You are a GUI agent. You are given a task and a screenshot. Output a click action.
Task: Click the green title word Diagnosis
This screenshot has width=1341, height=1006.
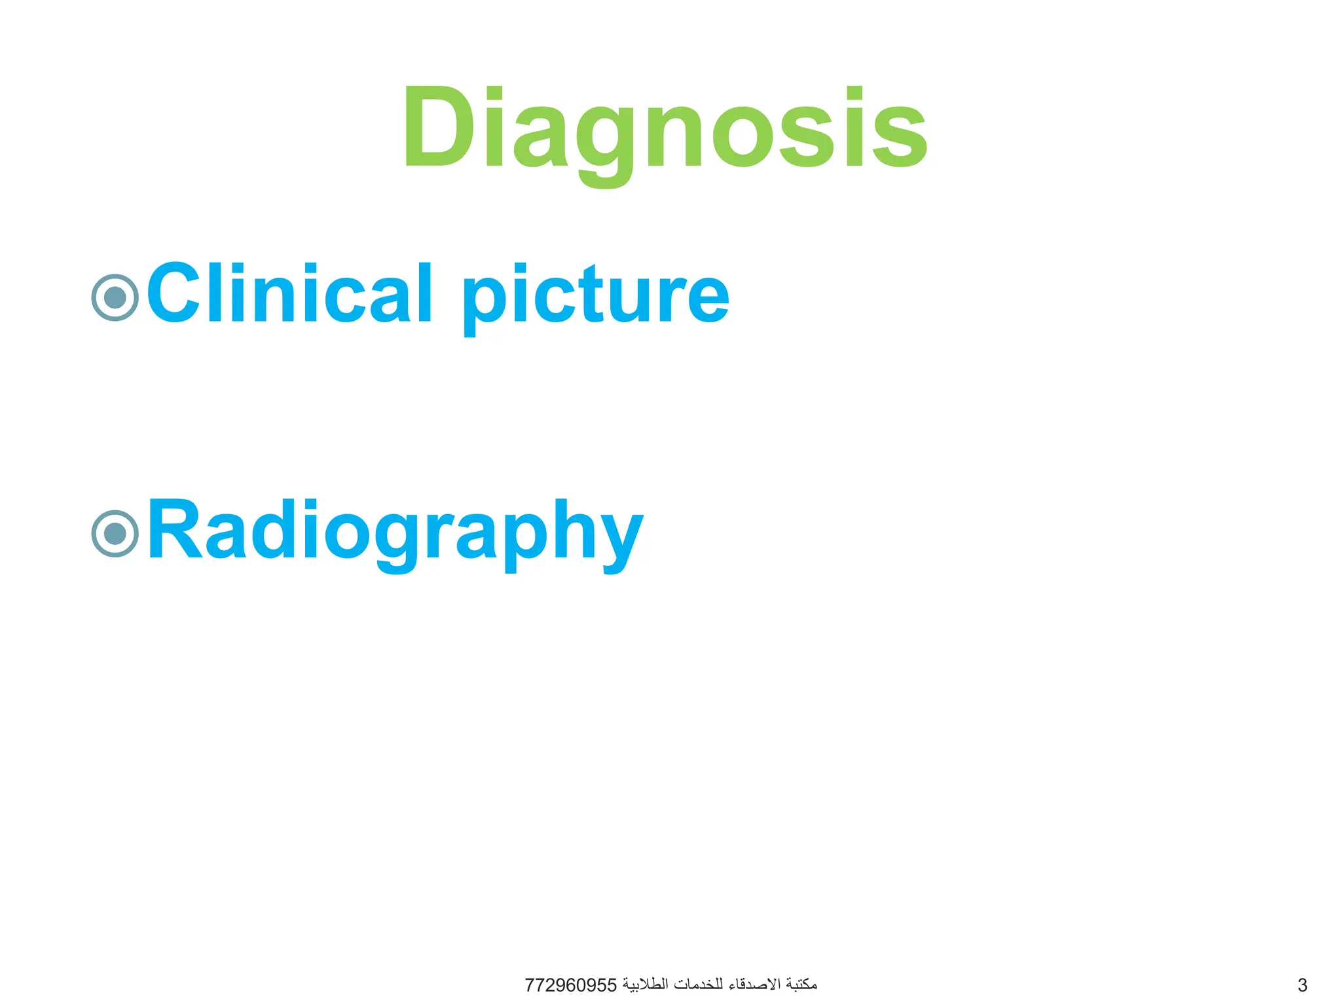point(665,128)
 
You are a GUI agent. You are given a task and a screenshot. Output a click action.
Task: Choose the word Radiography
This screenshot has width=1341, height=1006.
point(395,531)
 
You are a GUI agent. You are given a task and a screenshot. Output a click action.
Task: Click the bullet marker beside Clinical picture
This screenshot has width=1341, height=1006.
point(115,297)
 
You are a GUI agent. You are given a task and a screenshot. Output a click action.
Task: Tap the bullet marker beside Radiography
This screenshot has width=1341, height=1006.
point(115,534)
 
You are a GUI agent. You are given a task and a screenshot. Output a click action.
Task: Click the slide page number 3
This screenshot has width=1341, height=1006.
point(1302,985)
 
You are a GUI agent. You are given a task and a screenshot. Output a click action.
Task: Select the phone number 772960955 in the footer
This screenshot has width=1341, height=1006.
point(571,985)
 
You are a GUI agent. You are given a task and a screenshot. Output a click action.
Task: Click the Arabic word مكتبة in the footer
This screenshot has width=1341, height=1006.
point(801,984)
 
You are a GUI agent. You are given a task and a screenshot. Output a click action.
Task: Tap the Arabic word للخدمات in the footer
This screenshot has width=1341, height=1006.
point(699,984)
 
